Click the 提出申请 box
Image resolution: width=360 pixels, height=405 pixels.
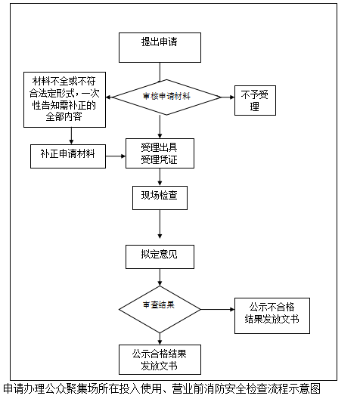[x=160, y=48]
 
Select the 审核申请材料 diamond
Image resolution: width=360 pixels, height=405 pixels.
[x=167, y=97]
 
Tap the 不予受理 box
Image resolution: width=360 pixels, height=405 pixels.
[x=255, y=100]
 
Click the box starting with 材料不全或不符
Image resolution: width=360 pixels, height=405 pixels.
[x=64, y=100]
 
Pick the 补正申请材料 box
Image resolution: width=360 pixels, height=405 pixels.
[x=68, y=156]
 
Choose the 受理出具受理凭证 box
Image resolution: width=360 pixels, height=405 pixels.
[x=160, y=153]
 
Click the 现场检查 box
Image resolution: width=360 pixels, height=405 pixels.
[x=160, y=198]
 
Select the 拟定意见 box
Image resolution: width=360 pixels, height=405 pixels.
[x=160, y=257]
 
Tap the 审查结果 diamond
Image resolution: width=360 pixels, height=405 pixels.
[x=160, y=310]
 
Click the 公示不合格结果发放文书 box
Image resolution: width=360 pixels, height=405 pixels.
[x=272, y=316]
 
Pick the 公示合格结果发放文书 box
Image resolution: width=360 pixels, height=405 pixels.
[x=160, y=360]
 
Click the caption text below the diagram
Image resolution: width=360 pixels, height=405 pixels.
[x=162, y=388]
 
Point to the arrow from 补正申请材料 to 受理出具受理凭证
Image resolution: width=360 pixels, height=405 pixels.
[x=116, y=156]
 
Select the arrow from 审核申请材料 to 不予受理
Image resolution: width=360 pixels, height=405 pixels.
[x=228, y=97]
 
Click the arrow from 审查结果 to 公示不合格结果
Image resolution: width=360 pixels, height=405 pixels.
[x=218, y=310]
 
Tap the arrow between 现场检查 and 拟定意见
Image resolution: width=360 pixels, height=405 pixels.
[x=160, y=224]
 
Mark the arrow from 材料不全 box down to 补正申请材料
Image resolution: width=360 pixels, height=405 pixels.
[x=71, y=136]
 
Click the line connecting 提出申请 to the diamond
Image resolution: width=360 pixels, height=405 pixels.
[x=160, y=72]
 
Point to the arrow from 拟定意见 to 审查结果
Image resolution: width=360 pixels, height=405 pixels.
[x=160, y=277]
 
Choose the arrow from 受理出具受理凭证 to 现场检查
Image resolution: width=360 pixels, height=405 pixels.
[x=160, y=177]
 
